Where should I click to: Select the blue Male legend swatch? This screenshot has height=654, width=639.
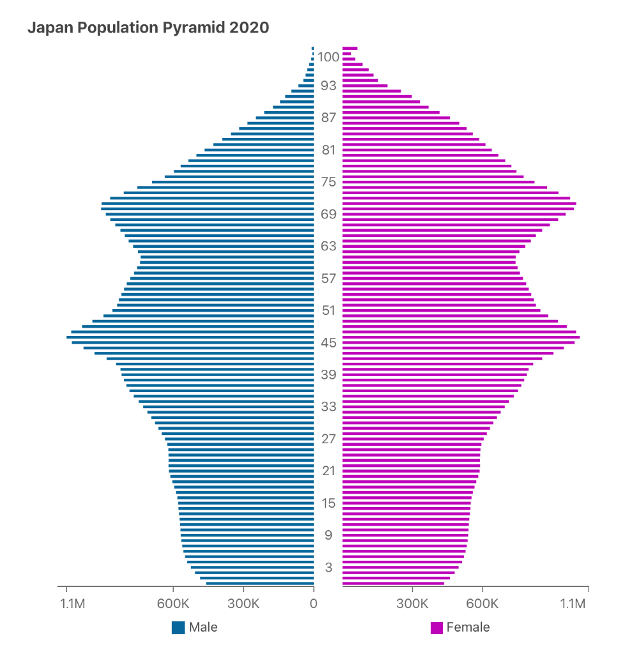(178, 627)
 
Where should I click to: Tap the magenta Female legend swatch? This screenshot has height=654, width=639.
(437, 627)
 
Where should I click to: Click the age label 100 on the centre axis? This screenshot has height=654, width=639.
(328, 57)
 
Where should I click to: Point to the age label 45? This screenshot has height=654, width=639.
(328, 343)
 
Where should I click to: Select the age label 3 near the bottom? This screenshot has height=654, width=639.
(328, 567)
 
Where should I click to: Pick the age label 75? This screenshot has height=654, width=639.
(328, 182)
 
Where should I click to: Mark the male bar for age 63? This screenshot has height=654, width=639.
(224, 246)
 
